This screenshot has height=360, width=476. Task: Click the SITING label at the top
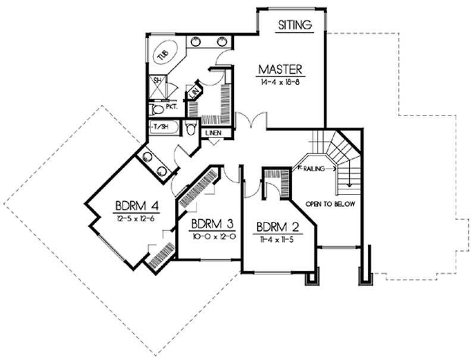click(295, 25)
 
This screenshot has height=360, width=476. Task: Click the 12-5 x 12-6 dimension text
click(137, 218)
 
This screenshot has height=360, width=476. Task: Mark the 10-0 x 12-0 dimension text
click(211, 236)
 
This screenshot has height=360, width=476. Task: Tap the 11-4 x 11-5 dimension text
click(277, 238)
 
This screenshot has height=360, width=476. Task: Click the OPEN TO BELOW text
click(330, 204)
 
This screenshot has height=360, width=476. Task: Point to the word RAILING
click(314, 169)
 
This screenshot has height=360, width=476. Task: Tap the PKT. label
click(171, 108)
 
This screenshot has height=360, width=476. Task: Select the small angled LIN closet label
click(193, 92)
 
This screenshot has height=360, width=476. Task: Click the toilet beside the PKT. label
click(156, 109)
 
